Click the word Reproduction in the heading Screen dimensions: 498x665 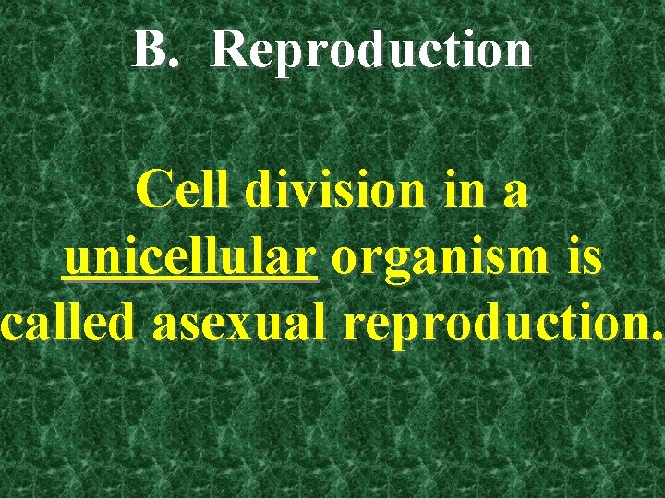pyautogui.click(x=371, y=50)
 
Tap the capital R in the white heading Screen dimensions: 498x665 pyautogui.click(x=227, y=50)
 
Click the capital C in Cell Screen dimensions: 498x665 pyautogui.click(x=151, y=191)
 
